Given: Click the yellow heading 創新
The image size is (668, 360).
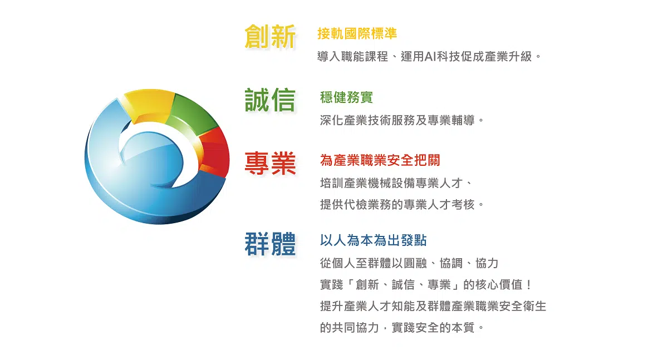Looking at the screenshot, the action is point(270,36).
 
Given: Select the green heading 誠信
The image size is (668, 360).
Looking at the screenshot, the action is point(270,100).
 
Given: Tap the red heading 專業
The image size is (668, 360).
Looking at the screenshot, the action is point(270,163).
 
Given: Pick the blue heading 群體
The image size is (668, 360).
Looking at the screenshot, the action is point(270,244).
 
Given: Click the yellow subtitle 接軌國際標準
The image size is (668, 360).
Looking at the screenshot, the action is point(357,33).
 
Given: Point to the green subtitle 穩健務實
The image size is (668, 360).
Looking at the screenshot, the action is point(346,97).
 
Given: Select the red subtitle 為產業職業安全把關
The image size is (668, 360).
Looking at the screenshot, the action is point(380,160).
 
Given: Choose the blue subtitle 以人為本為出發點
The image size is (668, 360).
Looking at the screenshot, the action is point(374,240).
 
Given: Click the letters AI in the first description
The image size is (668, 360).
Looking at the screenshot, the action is point(430,56).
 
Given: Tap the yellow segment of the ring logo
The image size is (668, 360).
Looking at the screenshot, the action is point(149,104).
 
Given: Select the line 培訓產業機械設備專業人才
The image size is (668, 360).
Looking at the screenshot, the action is point(391,183).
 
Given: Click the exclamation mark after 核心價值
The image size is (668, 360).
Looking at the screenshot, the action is point(529,284).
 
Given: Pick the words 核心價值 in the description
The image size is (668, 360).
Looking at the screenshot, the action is point(499,284).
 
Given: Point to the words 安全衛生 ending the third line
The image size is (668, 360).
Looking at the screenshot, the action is point(523,306).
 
